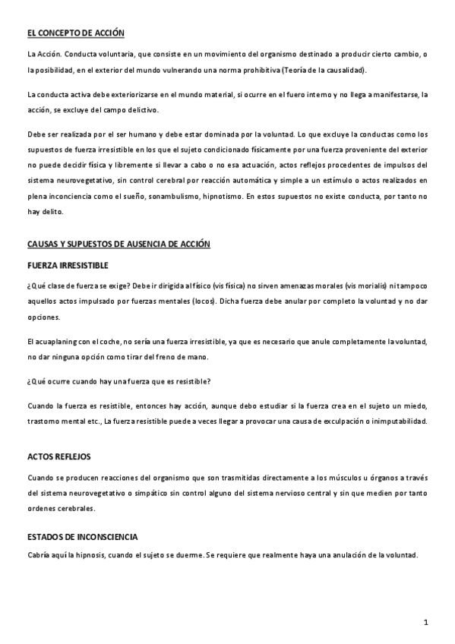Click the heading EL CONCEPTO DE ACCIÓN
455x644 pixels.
[75, 33]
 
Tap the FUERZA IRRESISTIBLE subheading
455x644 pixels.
[68, 265]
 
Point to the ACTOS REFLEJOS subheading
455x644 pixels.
[58, 457]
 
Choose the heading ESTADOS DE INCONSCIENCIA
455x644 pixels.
[82, 536]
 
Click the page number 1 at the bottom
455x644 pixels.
[427, 622]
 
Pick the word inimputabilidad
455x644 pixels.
[398, 421]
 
